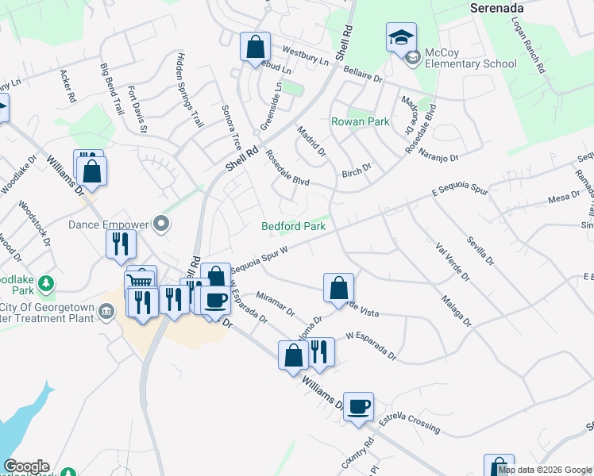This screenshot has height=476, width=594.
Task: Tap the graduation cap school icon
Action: (x=401, y=37)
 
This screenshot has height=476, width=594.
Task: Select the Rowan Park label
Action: (x=361, y=121)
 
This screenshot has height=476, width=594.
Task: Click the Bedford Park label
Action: (x=294, y=226)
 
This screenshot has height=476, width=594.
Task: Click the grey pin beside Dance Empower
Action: (x=163, y=224)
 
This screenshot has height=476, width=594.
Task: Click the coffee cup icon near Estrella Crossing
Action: (x=358, y=405)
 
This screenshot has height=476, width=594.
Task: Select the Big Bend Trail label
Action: (x=111, y=88)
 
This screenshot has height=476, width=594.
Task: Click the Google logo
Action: (x=26, y=466)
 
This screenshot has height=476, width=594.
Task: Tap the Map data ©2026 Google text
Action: (x=545, y=470)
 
